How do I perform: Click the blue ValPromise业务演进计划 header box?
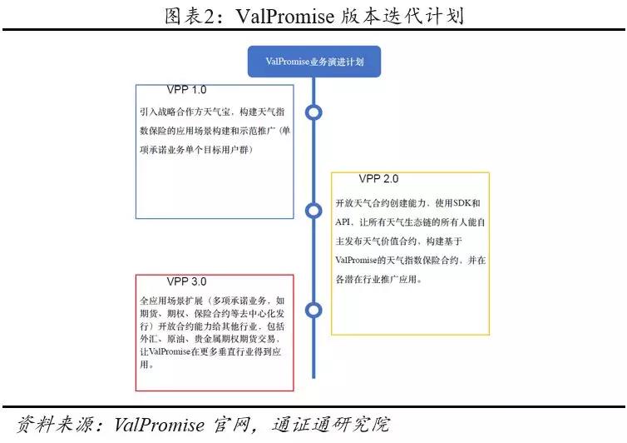click(313, 62)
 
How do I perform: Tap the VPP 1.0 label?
click(187, 90)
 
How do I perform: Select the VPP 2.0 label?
click(378, 179)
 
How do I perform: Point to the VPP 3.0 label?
click(187, 281)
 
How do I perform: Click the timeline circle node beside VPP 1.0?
click(313, 112)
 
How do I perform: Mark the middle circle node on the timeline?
click(313, 211)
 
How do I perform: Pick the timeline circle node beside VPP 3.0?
click(313, 310)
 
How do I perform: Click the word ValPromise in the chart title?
click(284, 16)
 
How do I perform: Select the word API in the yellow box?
click(343, 221)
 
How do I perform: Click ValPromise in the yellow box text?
click(356, 261)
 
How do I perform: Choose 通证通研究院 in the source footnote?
click(331, 425)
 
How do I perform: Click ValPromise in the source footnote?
click(159, 425)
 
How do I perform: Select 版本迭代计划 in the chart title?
click(403, 16)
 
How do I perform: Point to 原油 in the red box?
click(176, 339)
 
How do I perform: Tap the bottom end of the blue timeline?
click(313, 378)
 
